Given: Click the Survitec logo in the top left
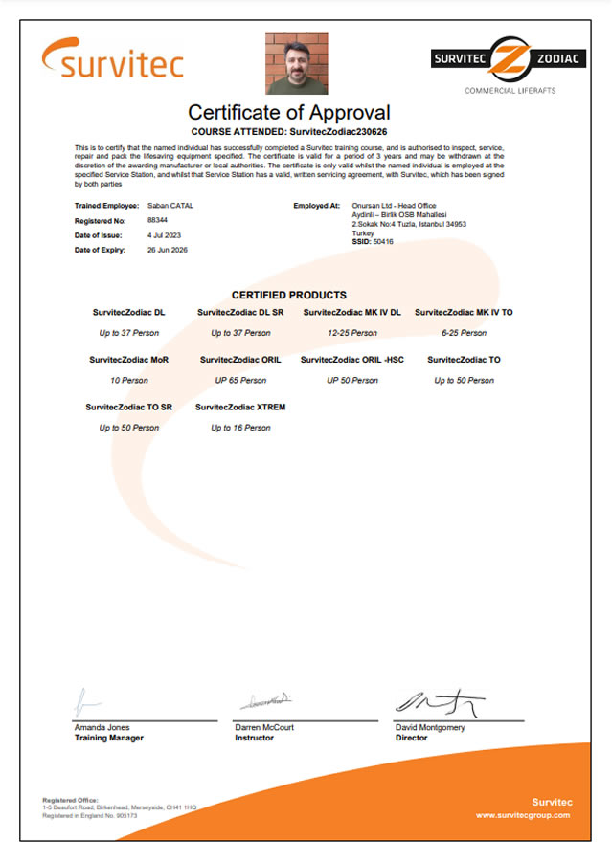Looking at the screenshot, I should pos(112,59).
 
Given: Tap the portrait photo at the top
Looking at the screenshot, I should pos(296,63).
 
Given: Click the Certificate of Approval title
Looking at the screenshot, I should pos(288,112).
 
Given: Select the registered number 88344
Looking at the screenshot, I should pos(157,220).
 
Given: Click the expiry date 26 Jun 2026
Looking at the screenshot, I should pos(168,250).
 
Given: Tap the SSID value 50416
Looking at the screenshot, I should pos(383,242).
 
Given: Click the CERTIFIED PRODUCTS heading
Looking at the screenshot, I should pos(288,295).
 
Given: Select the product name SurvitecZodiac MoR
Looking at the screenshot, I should pos(128,360).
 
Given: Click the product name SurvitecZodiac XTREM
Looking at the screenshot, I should pos(240,407).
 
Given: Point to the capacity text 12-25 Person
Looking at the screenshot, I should pos(351,333).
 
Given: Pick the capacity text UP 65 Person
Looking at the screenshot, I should pos(240,380).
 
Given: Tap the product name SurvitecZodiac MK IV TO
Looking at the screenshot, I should pos(464,313).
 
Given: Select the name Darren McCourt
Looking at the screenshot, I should pos(264,728).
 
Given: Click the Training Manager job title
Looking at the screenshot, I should pos(108,738).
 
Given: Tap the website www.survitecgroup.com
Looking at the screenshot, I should pos(522,815).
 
